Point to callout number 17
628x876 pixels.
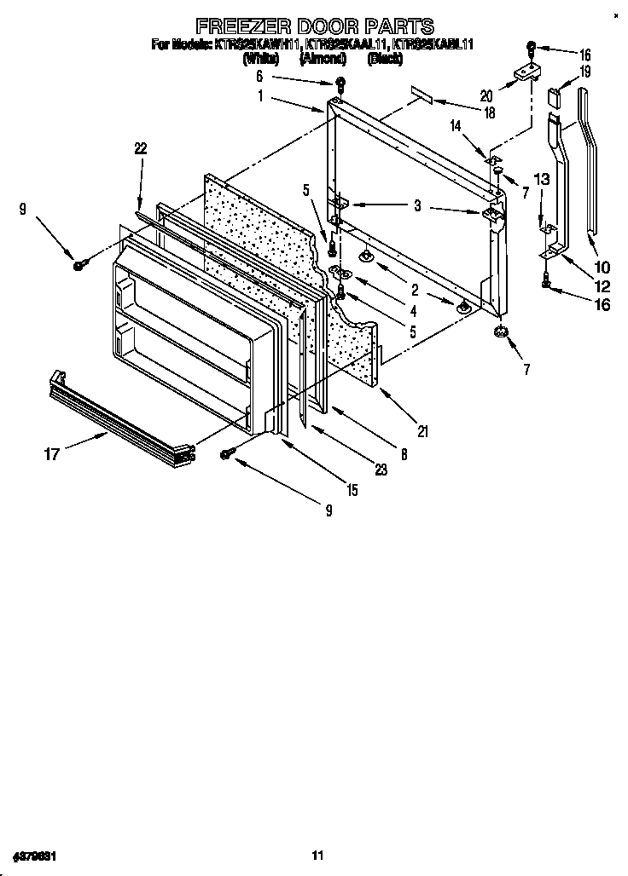[x=52, y=454]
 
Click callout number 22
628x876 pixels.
[x=141, y=148]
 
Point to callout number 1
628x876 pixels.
[x=259, y=96]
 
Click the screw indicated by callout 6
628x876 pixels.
[x=340, y=84]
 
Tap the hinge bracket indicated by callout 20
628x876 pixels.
[x=522, y=76]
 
